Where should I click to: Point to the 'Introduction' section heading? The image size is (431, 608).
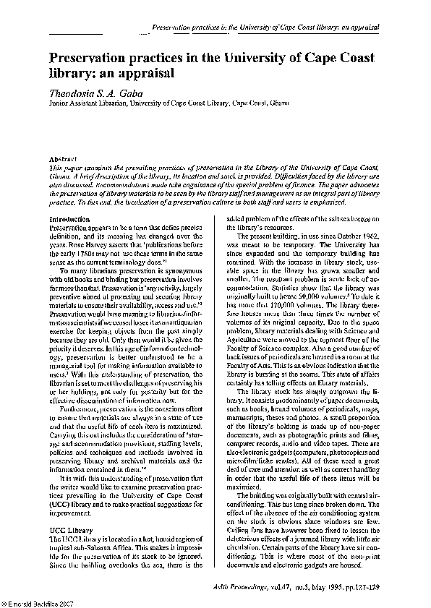[69, 218]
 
